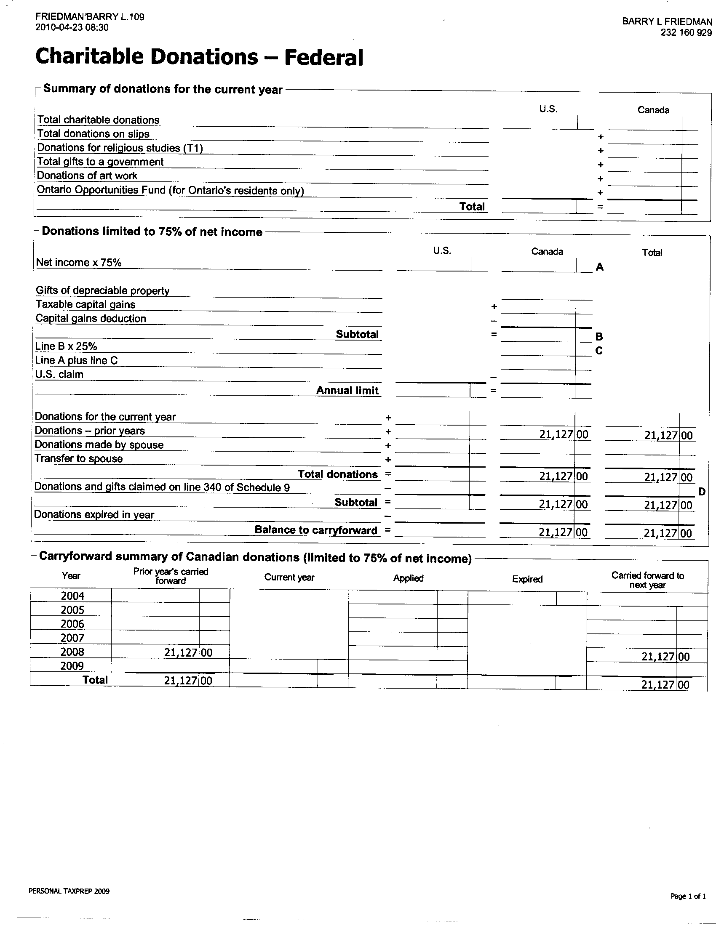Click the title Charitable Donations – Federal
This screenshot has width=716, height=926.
click(199, 57)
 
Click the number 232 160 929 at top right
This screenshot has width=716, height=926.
click(686, 33)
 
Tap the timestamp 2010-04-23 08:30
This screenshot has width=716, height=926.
click(72, 27)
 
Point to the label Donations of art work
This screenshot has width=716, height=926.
click(87, 176)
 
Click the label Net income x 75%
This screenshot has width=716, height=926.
click(78, 263)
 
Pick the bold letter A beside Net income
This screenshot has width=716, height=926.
click(599, 267)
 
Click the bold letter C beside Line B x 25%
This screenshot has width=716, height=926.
click(599, 351)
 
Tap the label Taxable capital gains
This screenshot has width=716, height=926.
click(85, 304)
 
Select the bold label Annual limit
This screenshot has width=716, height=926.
click(347, 391)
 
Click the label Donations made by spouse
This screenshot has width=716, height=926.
click(99, 445)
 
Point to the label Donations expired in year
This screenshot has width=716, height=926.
click(94, 515)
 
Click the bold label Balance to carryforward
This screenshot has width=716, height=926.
click(315, 530)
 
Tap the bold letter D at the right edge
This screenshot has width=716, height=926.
click(702, 491)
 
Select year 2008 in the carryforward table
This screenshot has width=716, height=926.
click(72, 652)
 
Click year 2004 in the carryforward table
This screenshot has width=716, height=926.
click(72, 596)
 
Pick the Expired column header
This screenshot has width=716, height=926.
click(527, 579)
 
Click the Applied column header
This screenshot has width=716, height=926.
click(408, 578)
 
